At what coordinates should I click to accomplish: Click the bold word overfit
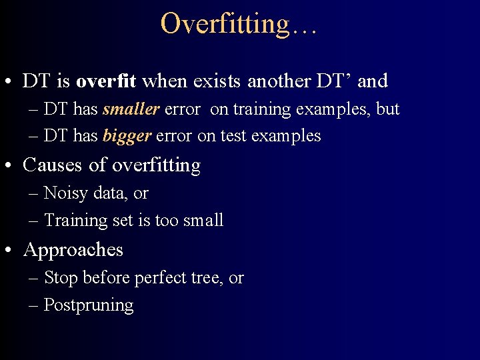tap(106, 81)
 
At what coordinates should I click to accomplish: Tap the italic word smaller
tap(131, 109)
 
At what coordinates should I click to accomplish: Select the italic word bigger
tap(127, 137)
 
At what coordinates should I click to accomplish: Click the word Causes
tap(53, 165)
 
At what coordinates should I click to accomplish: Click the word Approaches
tap(73, 250)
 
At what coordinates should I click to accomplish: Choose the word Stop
tap(61, 278)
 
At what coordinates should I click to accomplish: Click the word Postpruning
tap(89, 305)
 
